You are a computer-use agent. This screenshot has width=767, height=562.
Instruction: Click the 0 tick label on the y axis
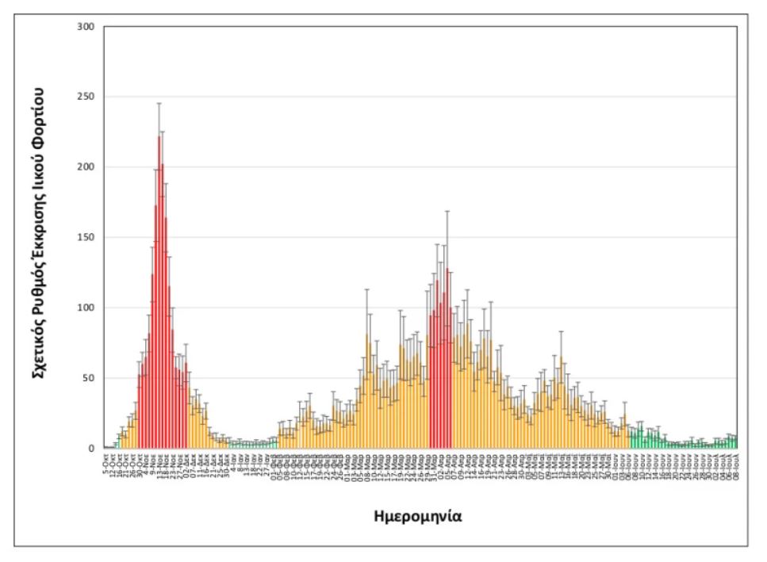pos(92,449)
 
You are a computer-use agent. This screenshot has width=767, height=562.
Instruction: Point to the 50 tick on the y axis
pos(89,378)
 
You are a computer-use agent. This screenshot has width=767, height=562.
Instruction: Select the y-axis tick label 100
pos(86,308)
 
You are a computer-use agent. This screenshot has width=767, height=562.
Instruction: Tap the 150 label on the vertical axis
pos(86,237)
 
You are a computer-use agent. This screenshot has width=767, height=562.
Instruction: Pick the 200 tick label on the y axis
pos(86,167)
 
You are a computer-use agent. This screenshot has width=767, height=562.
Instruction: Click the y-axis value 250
pos(86,97)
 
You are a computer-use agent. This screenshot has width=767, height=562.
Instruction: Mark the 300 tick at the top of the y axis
pos(86,27)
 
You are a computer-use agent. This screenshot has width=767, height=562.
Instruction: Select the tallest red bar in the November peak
pos(159,293)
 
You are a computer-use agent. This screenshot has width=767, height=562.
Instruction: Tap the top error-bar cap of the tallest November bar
pos(159,103)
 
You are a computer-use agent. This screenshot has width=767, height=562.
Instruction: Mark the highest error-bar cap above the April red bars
pos(447,211)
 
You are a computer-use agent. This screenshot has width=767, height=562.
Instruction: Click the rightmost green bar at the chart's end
pos(736,443)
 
